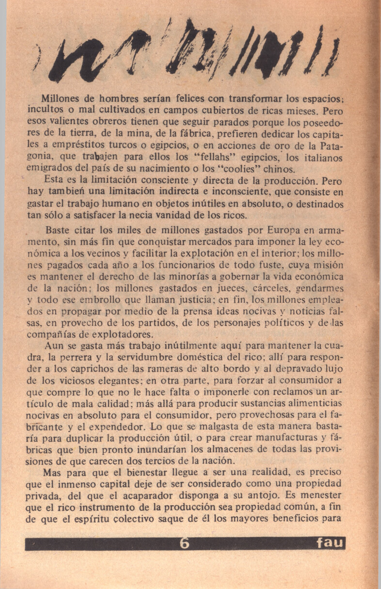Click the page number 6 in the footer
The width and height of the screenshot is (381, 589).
[184, 543]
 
